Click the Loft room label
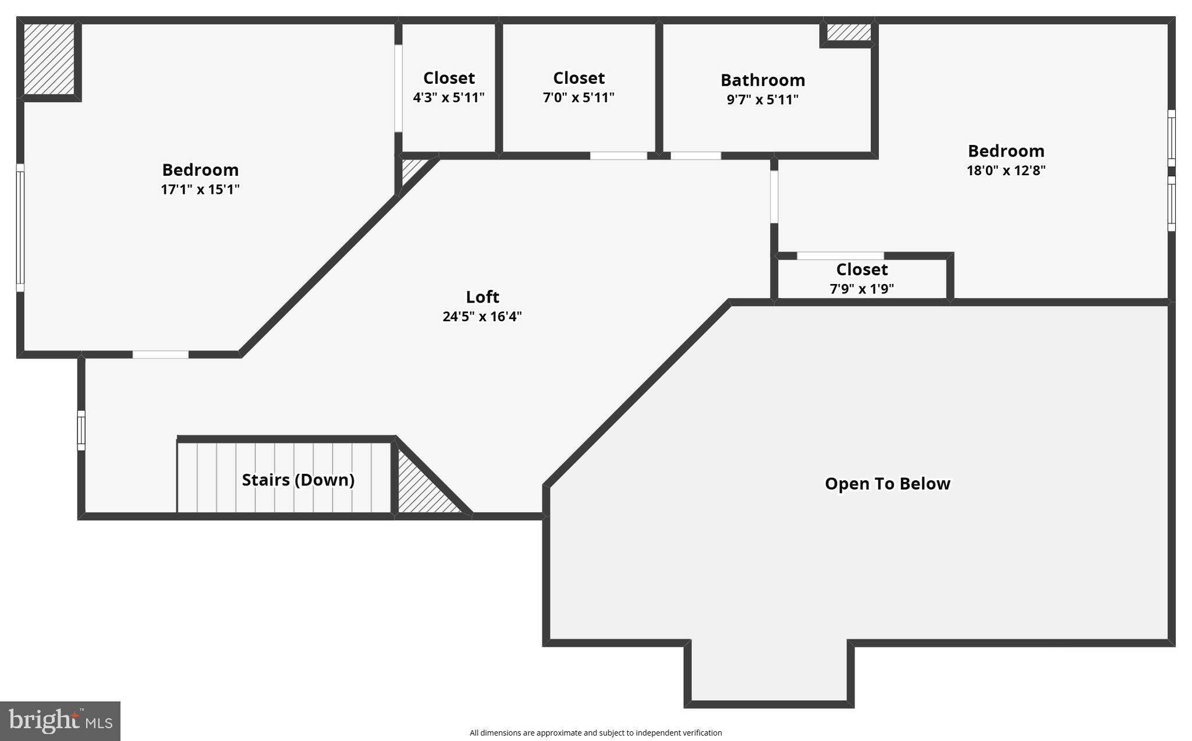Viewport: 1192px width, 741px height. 482,297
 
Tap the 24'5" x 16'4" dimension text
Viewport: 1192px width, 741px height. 482,317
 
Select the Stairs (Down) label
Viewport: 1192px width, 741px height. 298,480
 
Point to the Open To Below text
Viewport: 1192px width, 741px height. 887,484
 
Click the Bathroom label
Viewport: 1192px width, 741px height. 762,80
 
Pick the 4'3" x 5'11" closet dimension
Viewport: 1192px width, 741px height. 449,98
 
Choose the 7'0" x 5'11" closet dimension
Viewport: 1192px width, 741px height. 579,98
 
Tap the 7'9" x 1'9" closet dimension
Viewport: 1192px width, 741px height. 861,289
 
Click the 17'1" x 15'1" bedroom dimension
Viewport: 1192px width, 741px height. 200,190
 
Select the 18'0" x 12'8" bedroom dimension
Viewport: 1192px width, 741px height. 1006,171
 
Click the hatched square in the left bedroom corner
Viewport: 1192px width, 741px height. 49,59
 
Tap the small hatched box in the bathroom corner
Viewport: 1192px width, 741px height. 849,32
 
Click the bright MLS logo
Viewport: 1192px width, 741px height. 60,721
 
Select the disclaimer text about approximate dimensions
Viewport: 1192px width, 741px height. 595,733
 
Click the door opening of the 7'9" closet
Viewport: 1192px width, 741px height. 840,256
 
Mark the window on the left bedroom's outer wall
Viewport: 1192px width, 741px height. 20,227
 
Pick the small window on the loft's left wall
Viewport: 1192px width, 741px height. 81,430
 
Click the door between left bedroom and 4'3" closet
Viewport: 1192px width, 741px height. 398,88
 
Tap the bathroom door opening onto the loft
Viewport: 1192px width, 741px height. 696,155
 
